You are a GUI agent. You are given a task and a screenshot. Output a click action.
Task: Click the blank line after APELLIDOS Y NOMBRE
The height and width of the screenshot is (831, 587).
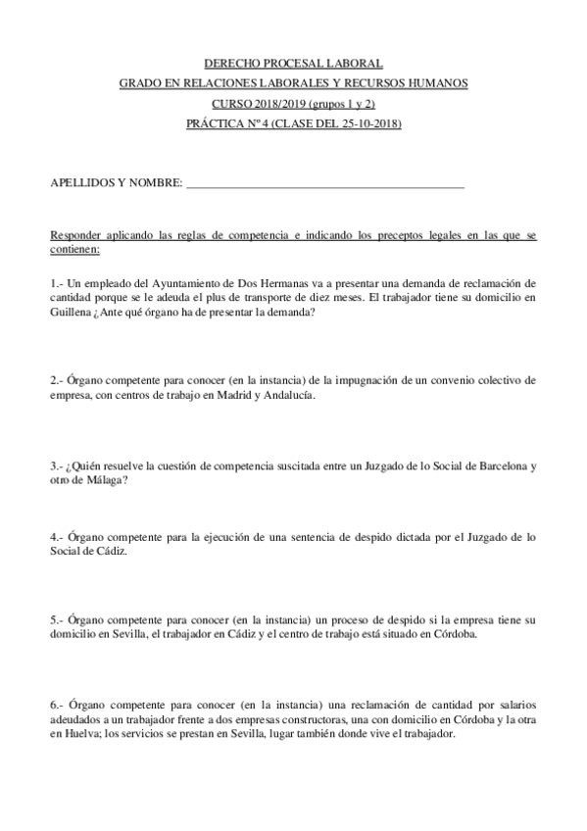(324, 183)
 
